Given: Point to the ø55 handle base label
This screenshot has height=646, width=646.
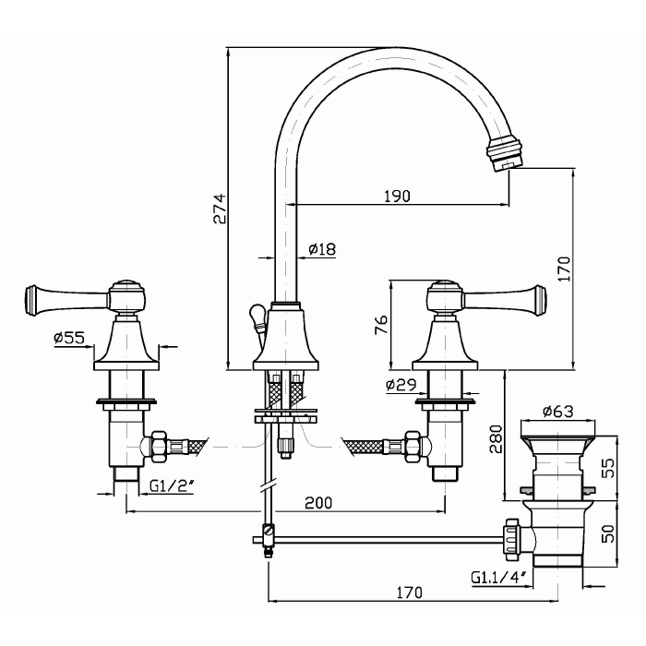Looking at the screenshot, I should point(70,339).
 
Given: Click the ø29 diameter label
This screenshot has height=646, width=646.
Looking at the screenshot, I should point(402,385).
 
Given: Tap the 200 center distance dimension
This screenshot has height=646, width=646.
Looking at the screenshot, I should point(317,503).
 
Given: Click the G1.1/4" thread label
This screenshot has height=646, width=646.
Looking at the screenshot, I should point(498,579).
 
